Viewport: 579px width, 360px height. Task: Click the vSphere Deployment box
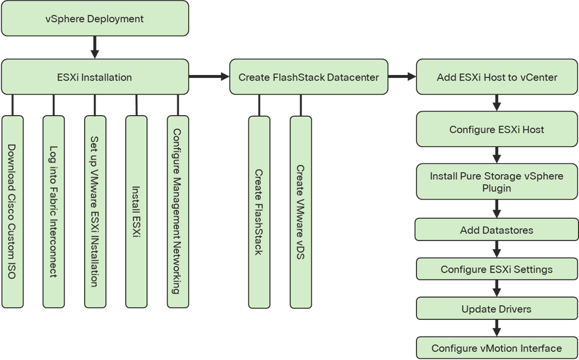[x=94, y=19]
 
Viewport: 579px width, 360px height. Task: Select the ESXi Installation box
[x=94, y=77]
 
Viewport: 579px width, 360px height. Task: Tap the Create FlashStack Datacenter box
[x=308, y=77]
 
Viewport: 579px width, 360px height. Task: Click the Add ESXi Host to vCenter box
[x=497, y=77]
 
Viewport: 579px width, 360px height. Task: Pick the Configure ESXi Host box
[x=497, y=129]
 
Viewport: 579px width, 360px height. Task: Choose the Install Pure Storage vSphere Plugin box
[x=497, y=181]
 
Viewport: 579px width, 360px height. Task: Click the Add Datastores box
[x=497, y=230]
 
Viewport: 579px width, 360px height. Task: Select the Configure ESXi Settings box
[x=497, y=270]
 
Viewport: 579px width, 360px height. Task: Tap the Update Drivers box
[x=497, y=309]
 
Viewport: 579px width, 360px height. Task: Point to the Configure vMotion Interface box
[x=497, y=348]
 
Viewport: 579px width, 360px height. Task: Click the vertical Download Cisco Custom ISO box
[x=12, y=212]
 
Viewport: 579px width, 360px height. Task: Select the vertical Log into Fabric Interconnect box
[x=53, y=212]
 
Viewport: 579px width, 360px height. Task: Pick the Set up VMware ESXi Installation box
[x=94, y=212]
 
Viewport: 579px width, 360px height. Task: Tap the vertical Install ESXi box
[x=136, y=212]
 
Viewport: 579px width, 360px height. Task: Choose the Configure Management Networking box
[x=177, y=212]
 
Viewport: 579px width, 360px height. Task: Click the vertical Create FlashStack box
[x=259, y=212]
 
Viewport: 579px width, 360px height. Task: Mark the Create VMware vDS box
[x=300, y=212]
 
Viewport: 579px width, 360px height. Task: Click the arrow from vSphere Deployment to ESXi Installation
[x=94, y=47]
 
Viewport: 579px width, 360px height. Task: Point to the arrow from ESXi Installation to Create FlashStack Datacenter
[x=209, y=77]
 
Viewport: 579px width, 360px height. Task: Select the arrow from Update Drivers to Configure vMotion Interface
[x=497, y=329]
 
